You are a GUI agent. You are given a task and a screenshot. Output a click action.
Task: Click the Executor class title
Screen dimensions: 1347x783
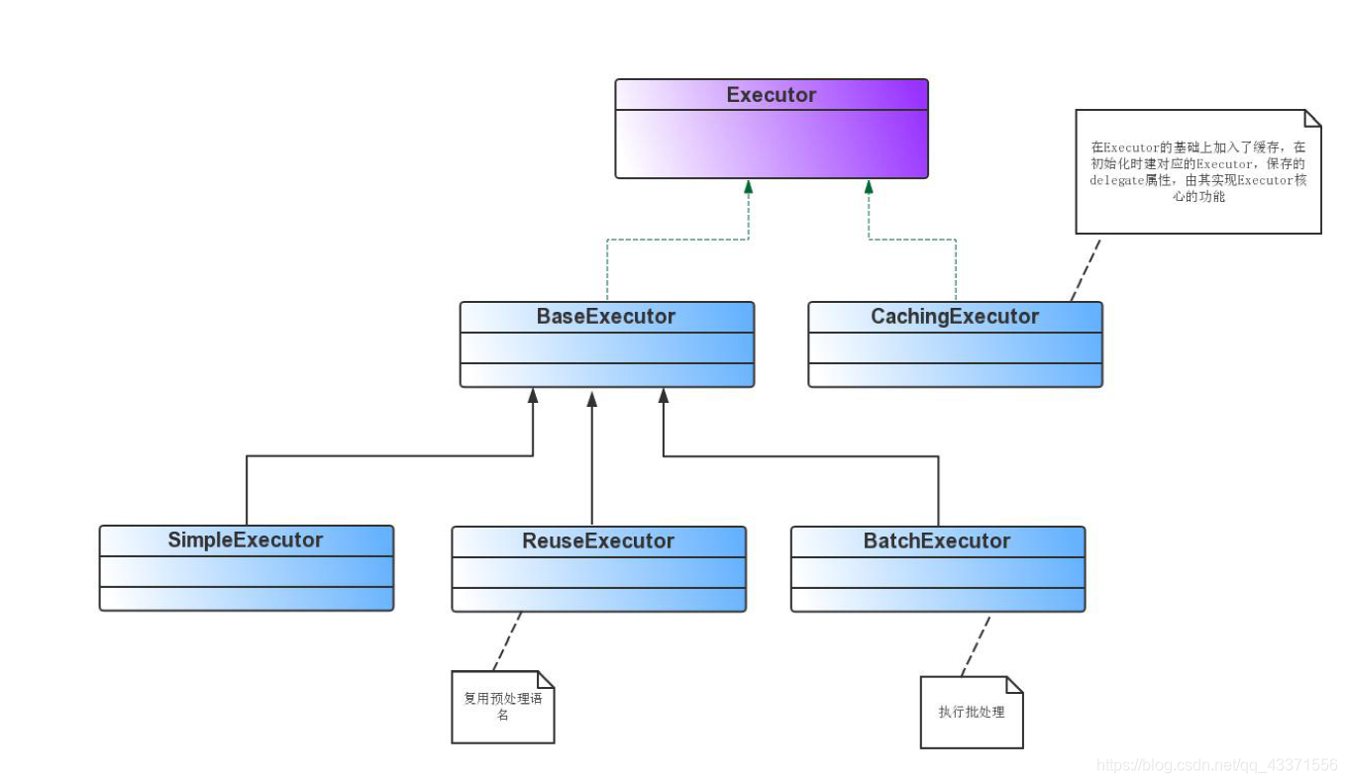[x=771, y=95]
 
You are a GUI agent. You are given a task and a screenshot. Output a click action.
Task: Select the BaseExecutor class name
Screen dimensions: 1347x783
[x=605, y=317]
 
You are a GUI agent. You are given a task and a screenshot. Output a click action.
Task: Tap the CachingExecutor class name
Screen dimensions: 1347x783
[x=955, y=317]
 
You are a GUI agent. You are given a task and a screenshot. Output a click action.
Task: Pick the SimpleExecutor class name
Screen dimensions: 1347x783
[x=245, y=540]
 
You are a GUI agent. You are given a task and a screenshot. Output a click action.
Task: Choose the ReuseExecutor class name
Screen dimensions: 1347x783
[x=598, y=540]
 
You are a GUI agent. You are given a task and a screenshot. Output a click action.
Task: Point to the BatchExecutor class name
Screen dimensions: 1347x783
[x=936, y=540]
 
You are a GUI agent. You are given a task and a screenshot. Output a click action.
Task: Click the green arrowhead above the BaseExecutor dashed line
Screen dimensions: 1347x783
[x=748, y=187]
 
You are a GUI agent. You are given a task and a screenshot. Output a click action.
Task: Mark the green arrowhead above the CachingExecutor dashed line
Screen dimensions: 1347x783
[x=869, y=187]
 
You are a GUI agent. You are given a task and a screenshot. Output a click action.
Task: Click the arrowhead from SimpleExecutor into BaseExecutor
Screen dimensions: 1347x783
[x=533, y=395]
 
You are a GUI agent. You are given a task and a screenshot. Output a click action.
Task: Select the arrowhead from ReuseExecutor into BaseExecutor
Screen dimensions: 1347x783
[x=591, y=399]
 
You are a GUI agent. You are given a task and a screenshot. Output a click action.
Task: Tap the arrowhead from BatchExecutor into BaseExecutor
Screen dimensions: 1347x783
[x=664, y=395]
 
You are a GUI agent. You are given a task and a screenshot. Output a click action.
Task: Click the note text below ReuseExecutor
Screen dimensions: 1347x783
[x=503, y=706]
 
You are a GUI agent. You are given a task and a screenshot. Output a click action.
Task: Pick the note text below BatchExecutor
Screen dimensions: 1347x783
[x=972, y=712]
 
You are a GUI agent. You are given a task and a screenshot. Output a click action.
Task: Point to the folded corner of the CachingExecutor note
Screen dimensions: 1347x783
[x=1312, y=119]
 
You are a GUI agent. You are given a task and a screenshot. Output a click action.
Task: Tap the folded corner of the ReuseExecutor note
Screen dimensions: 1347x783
[x=546, y=680]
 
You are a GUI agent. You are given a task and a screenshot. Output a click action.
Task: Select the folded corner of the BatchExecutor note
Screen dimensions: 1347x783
[x=1014, y=685]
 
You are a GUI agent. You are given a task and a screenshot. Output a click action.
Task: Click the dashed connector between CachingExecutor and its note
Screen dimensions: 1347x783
[x=1086, y=270]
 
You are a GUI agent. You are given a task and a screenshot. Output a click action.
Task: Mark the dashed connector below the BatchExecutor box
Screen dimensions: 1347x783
[x=976, y=646]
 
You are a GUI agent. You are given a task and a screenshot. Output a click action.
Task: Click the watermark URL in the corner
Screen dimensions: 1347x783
[x=1216, y=765]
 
